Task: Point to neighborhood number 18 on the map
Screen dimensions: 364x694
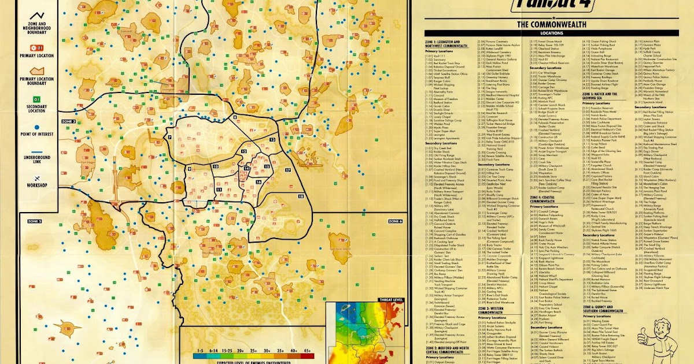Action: (x=301, y=196)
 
